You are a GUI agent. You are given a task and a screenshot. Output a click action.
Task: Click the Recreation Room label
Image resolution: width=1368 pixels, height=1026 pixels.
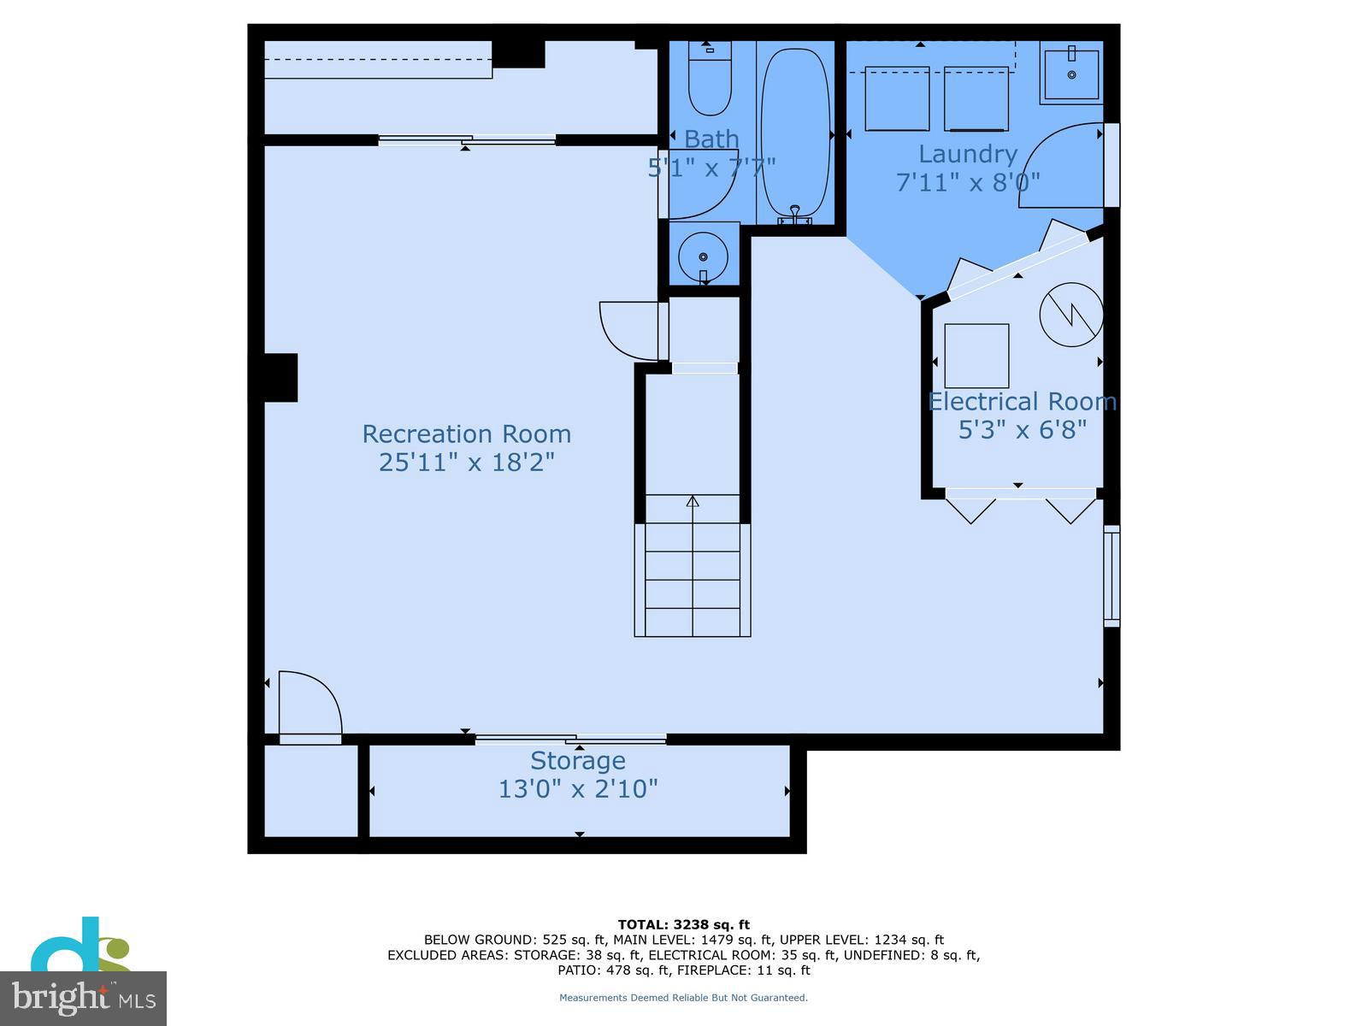coord(466,434)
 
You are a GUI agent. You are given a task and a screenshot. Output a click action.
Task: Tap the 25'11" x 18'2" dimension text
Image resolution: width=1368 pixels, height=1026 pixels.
coord(466,463)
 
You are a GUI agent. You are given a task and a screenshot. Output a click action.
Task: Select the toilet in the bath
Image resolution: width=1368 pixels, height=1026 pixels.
coord(710,79)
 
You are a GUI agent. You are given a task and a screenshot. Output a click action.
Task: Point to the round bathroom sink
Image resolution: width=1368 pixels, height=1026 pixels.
coord(703,256)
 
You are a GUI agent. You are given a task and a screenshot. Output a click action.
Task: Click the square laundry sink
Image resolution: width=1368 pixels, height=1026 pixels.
coord(1070,74)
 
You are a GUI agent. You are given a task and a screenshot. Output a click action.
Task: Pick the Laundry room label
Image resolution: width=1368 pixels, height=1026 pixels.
coord(967,154)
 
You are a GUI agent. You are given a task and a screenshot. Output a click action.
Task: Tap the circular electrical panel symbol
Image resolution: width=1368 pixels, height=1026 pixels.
coord(1070,315)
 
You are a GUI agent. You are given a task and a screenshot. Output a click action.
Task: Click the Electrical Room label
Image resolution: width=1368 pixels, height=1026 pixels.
coord(1022,402)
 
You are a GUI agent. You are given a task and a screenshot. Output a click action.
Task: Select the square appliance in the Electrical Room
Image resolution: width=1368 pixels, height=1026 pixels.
coord(976,356)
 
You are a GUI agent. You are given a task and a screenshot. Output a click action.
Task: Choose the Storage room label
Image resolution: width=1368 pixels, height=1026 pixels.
coord(578,761)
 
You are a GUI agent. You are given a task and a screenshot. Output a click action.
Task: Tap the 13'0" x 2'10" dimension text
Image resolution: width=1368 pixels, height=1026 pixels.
coord(578,789)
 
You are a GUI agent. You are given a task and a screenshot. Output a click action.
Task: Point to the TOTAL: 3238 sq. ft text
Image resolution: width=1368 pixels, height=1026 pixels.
coord(684,924)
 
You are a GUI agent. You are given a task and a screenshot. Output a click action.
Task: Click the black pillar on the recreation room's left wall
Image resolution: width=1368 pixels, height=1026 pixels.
coord(280,378)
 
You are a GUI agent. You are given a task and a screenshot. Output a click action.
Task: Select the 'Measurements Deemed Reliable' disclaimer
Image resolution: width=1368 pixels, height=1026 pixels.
coord(683,997)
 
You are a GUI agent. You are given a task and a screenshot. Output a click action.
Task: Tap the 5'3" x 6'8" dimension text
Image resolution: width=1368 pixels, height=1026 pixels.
coord(1022,430)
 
